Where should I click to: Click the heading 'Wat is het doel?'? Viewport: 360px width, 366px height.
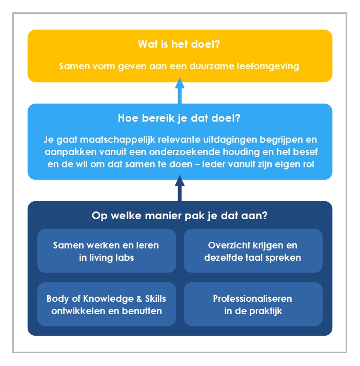click(x=179, y=44)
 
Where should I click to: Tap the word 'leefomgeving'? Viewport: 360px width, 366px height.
click(x=268, y=67)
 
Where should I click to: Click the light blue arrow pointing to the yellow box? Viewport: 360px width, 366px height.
click(x=180, y=90)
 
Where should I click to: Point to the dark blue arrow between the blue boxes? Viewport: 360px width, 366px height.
click(x=180, y=188)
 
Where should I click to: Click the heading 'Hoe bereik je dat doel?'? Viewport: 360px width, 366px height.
click(x=179, y=118)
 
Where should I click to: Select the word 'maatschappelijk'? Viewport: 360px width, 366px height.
click(x=117, y=140)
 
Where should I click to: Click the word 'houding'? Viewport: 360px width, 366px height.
click(x=242, y=152)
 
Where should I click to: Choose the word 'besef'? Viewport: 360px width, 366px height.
click(x=305, y=152)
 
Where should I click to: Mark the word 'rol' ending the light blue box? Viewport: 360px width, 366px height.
click(x=309, y=164)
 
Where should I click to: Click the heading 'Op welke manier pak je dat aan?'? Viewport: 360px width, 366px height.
click(x=179, y=216)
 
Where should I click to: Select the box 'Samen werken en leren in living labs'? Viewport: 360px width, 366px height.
click(x=107, y=251)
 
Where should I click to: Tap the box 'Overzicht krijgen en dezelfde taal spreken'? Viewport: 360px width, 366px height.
click(x=253, y=251)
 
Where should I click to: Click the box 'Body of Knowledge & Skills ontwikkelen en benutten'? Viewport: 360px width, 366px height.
click(x=107, y=304)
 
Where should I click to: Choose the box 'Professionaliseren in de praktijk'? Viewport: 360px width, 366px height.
click(x=253, y=304)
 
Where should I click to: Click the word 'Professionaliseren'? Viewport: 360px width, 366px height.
click(x=252, y=299)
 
